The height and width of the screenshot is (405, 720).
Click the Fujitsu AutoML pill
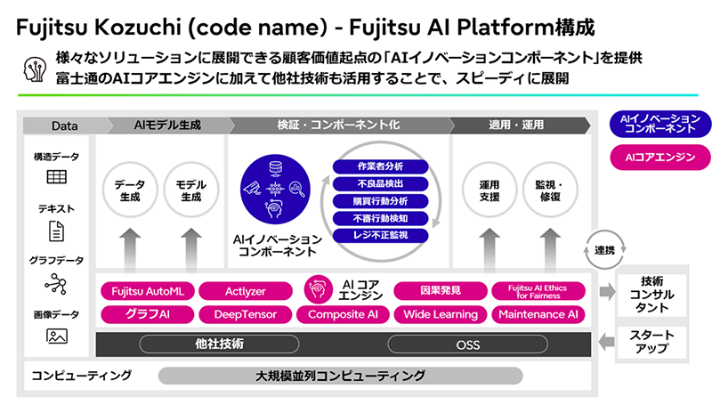(x=147, y=290)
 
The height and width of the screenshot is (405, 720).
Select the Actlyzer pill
(x=246, y=290)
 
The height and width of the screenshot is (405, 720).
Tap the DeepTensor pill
(x=246, y=313)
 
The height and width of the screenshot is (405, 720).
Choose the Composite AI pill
(x=343, y=313)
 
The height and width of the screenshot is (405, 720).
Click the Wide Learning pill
(x=441, y=313)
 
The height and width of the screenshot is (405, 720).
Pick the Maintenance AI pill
(x=538, y=313)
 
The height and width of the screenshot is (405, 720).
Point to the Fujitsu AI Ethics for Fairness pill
(x=538, y=290)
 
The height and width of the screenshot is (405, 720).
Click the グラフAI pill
(x=147, y=313)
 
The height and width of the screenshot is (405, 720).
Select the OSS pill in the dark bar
(x=467, y=343)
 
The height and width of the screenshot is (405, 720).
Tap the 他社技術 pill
(x=219, y=343)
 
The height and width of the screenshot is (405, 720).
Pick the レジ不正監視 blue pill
(x=380, y=235)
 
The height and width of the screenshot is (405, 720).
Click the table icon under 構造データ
(x=57, y=177)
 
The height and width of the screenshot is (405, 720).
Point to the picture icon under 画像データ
(x=57, y=336)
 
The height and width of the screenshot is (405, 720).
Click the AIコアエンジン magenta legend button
(x=659, y=157)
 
